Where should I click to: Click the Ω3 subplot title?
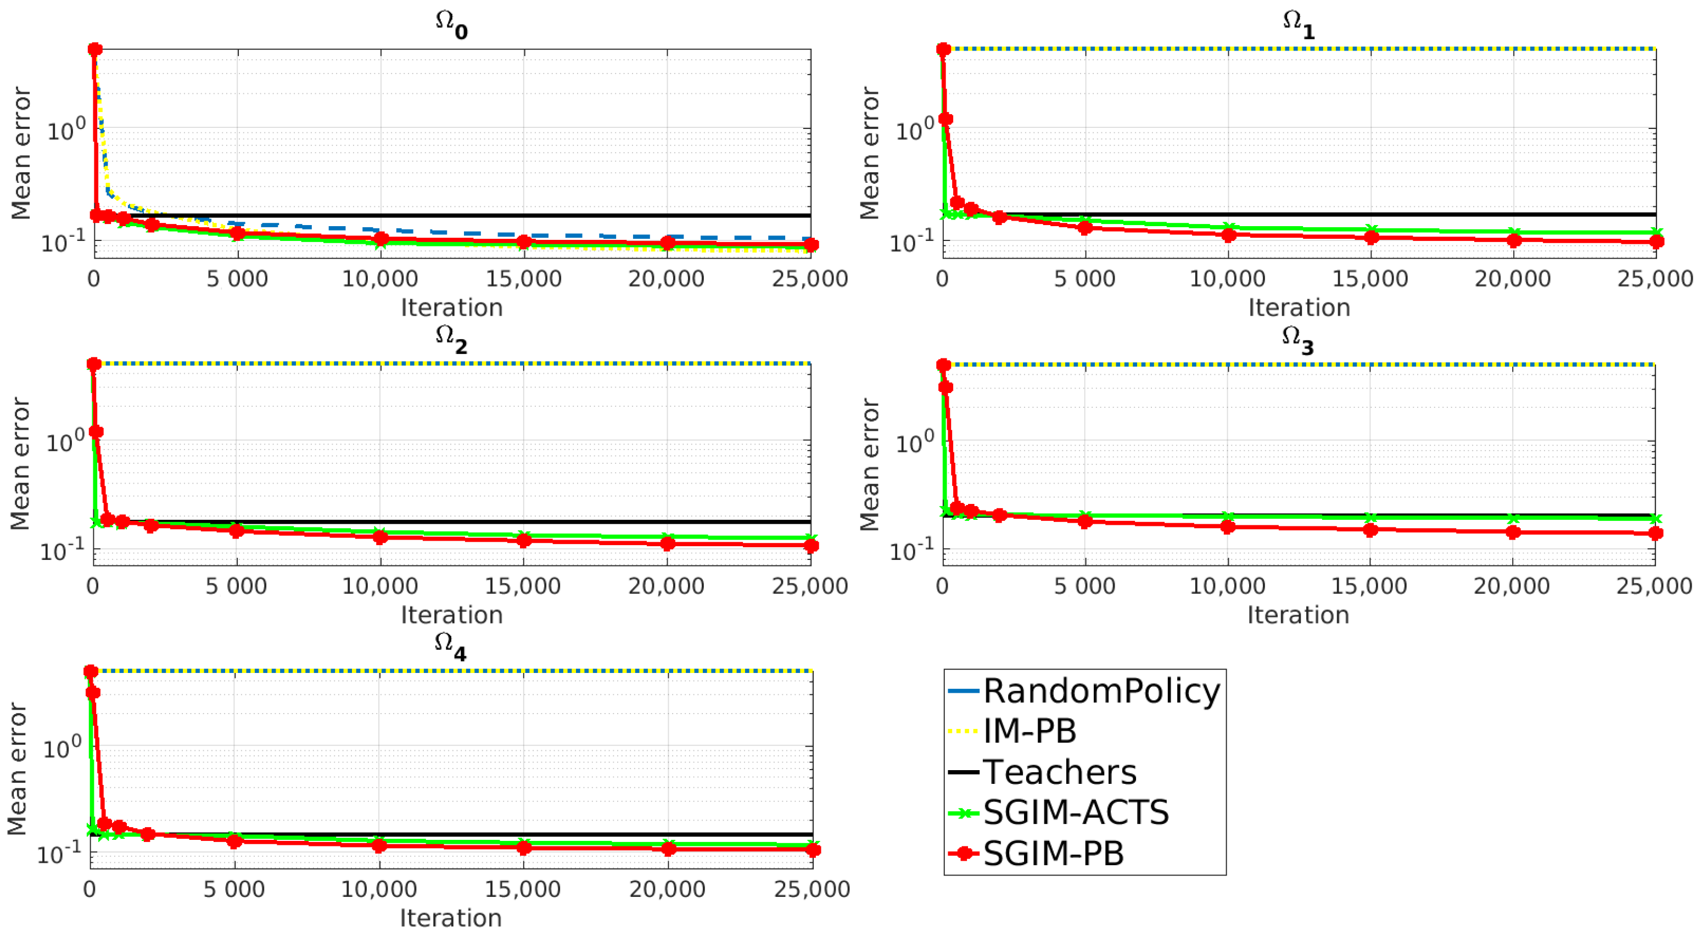(x=1297, y=339)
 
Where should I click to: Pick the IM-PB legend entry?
(x=1029, y=731)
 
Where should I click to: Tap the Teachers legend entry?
(x=1059, y=772)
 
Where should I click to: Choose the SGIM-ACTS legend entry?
(x=1076, y=812)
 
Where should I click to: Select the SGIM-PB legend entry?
(x=1053, y=853)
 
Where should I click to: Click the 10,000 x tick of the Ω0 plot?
(x=380, y=279)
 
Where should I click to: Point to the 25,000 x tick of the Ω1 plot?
(x=1655, y=279)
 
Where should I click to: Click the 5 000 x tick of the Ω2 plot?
(x=237, y=586)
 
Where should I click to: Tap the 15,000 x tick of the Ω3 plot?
(x=1369, y=586)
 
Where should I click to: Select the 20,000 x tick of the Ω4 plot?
(x=667, y=889)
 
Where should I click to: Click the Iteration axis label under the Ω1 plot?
(x=1299, y=308)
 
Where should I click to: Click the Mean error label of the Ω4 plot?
(x=17, y=768)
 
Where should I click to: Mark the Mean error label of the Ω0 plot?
(x=21, y=153)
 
